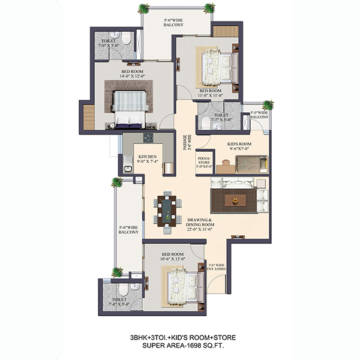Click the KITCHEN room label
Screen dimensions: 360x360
click(148, 157)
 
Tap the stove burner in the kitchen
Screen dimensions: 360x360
click(148, 138)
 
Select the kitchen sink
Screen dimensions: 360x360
click(128, 169)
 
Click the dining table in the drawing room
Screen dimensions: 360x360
click(167, 211)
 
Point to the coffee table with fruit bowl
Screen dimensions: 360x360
click(235, 200)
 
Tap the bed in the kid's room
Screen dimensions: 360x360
click(252, 164)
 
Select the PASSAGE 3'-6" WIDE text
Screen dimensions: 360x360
click(187, 142)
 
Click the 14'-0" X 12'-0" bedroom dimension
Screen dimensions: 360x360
click(133, 76)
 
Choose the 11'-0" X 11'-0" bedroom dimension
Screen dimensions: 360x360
click(211, 95)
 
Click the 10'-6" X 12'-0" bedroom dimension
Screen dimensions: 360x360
click(173, 259)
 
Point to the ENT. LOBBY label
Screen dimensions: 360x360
click(217, 269)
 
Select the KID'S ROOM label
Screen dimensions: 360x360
click(239, 144)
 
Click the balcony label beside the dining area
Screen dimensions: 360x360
click(128, 230)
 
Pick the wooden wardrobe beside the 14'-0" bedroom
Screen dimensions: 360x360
click(89, 118)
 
